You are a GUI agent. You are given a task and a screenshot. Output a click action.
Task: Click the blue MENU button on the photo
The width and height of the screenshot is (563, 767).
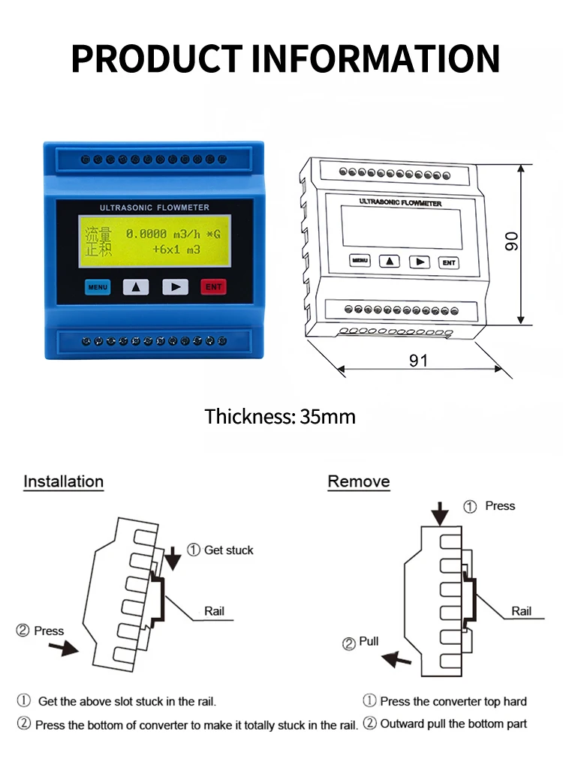[97, 287]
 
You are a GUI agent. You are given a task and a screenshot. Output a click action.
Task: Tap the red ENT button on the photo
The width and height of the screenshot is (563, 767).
[213, 287]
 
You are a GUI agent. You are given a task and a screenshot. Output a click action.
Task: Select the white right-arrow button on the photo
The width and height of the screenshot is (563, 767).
[175, 287]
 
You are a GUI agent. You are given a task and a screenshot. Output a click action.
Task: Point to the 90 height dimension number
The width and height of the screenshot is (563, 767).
[512, 241]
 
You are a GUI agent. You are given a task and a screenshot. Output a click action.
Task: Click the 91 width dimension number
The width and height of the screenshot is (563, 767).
[418, 361]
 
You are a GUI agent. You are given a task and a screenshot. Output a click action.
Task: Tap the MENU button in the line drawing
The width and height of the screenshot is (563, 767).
[360, 261]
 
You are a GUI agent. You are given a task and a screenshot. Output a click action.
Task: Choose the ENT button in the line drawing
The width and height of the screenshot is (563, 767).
[449, 262]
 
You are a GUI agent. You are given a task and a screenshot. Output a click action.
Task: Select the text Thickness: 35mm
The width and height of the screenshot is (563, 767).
[280, 417]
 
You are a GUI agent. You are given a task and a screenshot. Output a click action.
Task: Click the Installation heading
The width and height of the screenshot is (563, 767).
[63, 481]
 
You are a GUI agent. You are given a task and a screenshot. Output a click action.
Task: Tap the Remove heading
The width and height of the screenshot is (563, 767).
[359, 481]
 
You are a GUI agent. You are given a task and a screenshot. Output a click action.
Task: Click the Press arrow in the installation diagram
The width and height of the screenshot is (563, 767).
[68, 647]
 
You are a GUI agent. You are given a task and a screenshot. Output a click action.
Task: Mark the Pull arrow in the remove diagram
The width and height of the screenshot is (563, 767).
[396, 659]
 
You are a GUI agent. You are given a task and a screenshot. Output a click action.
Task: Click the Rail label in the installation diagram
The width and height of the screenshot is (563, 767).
[214, 611]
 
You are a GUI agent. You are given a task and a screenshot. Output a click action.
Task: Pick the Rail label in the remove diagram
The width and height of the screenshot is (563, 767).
[521, 611]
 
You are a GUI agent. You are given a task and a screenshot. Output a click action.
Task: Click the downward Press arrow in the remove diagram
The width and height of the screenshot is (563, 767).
[440, 514]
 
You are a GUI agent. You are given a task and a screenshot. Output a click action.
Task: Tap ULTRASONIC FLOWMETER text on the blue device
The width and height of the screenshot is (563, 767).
[154, 207]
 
